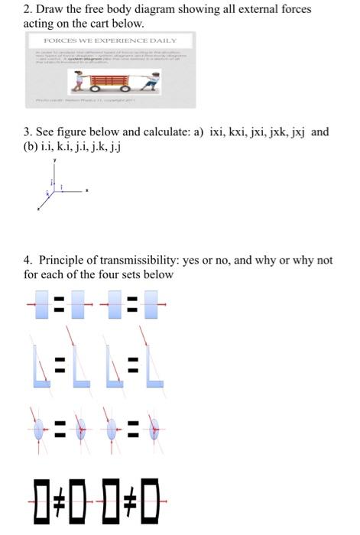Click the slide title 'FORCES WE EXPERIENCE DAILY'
click(110, 41)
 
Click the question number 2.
click(27, 9)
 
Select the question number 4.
click(28, 260)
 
